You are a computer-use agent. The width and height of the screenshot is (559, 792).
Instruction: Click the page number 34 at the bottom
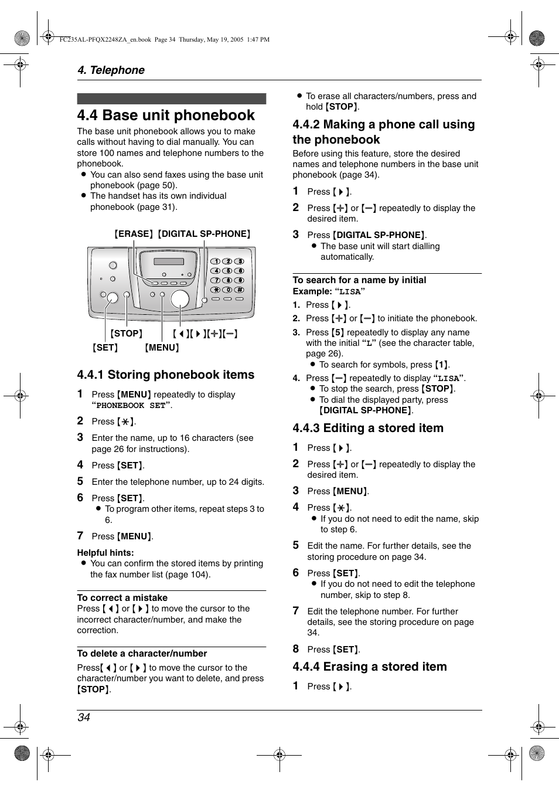click(x=84, y=718)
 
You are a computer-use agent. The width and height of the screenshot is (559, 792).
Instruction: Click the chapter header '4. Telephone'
click(x=111, y=70)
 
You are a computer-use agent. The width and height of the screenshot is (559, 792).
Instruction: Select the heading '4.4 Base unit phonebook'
click(x=166, y=115)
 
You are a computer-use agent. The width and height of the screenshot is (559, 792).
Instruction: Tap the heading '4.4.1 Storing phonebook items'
click(x=165, y=375)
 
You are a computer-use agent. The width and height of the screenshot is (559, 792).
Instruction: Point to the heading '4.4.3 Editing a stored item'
click(x=368, y=428)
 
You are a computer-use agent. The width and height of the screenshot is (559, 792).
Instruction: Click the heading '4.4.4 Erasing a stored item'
click(x=370, y=667)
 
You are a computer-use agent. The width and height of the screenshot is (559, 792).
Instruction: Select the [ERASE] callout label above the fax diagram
click(x=134, y=234)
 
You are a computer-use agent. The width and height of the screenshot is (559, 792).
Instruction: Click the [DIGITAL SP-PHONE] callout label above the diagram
click(x=204, y=234)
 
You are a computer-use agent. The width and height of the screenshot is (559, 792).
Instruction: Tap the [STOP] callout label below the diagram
click(x=127, y=334)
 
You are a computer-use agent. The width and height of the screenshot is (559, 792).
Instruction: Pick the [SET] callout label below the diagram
click(x=105, y=348)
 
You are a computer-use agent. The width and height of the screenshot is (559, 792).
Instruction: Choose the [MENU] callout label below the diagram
click(x=162, y=348)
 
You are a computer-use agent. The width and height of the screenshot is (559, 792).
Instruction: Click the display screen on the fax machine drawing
click(x=169, y=261)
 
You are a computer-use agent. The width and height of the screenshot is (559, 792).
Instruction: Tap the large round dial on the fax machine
click(x=180, y=298)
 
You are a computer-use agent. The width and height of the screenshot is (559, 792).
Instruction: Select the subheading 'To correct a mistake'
click(x=122, y=598)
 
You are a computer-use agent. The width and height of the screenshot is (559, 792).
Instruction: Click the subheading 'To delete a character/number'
click(x=142, y=654)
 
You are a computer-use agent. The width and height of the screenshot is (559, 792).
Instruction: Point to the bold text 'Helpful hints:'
click(x=105, y=553)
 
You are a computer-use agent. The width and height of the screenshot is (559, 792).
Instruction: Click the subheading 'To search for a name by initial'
click(x=359, y=280)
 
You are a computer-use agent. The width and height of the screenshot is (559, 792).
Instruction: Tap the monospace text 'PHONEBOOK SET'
click(x=131, y=406)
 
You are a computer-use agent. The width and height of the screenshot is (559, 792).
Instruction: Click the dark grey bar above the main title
click(x=171, y=98)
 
